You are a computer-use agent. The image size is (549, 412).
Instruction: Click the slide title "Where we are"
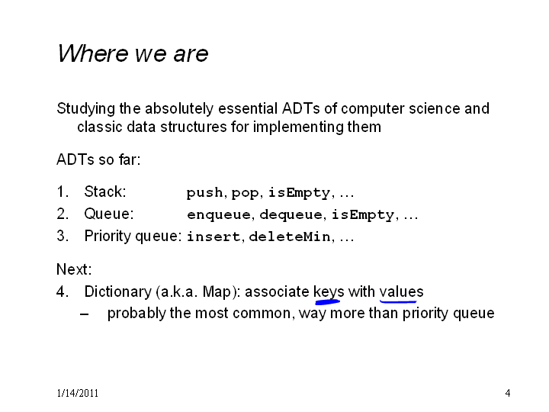click(133, 53)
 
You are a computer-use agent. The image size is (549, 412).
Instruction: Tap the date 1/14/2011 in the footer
click(77, 393)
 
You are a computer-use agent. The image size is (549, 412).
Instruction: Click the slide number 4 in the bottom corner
click(508, 393)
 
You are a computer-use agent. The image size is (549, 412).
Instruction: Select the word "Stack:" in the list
click(105, 192)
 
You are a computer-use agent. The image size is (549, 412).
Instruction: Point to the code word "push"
click(204, 193)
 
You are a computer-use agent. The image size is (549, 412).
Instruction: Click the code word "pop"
click(245, 194)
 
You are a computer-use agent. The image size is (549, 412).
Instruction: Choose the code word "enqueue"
click(219, 215)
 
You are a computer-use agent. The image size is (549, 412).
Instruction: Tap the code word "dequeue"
click(291, 215)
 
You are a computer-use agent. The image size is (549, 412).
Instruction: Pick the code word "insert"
click(213, 237)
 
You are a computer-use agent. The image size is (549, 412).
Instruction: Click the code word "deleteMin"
click(290, 237)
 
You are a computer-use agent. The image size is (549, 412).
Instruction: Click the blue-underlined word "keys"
click(329, 291)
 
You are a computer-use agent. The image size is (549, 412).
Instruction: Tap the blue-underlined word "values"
click(401, 291)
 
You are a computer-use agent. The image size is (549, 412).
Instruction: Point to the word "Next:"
click(74, 269)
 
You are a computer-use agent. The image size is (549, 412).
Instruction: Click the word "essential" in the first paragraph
click(248, 108)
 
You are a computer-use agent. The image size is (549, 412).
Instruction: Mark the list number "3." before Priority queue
click(63, 236)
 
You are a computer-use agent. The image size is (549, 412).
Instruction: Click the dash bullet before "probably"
click(84, 314)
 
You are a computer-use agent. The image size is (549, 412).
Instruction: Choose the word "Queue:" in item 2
click(109, 214)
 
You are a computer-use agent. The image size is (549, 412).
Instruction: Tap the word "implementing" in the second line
click(298, 127)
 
